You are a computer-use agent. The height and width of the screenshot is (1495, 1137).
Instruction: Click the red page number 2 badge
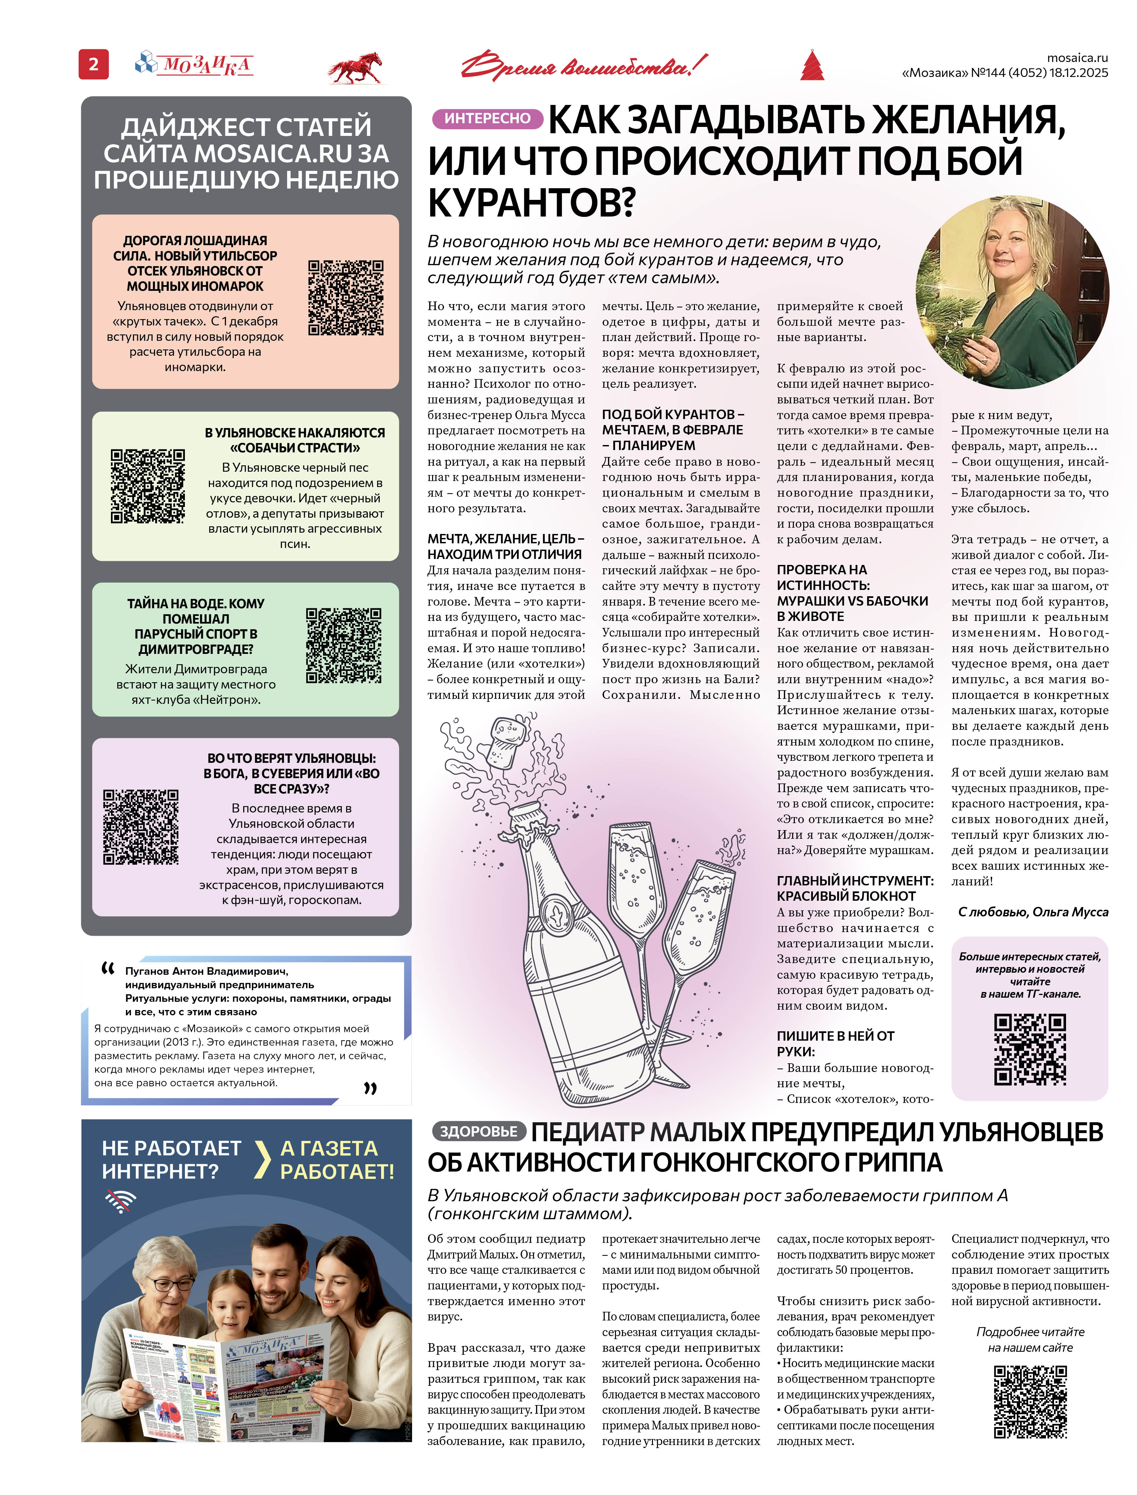tap(93, 64)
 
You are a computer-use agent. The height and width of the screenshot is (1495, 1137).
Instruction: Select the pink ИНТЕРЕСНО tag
tap(487, 119)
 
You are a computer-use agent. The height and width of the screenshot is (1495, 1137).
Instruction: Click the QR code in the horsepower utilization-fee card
tap(346, 298)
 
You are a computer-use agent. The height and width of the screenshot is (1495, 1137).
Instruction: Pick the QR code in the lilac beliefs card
tap(141, 827)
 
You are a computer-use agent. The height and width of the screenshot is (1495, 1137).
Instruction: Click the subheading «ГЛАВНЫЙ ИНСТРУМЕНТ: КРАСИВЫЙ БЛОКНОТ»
tap(855, 888)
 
